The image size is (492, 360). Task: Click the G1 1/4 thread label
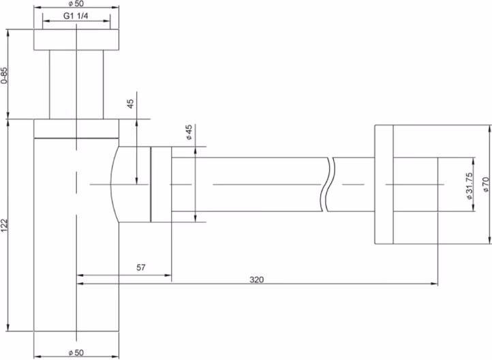coord(76,16)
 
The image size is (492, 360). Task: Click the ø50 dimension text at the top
coord(76,4)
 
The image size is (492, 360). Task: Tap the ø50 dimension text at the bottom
coord(76,352)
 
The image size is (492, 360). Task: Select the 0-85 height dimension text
coord(4,75)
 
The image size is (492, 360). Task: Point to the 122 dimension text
coord(4,226)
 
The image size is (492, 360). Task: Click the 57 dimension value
coord(141,267)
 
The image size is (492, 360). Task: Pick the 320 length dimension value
coord(257,280)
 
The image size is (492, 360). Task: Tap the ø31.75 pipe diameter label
coord(469,186)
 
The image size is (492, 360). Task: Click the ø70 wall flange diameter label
coord(486,185)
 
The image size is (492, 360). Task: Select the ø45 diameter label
coord(189,132)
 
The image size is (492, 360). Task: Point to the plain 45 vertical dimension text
coord(130,104)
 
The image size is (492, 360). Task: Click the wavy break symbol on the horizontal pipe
coord(328,185)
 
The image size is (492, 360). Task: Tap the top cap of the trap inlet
coord(76,40)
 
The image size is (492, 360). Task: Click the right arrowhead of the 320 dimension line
coord(434,284)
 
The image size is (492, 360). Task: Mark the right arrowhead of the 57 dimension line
coord(168,275)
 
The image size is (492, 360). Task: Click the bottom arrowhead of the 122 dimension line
coord(8,327)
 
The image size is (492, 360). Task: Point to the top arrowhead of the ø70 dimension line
coord(489,129)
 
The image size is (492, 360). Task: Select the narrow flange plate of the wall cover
coord(384,184)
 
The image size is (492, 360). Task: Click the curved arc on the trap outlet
coord(113,185)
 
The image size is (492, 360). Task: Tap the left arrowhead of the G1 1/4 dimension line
coord(46,21)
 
